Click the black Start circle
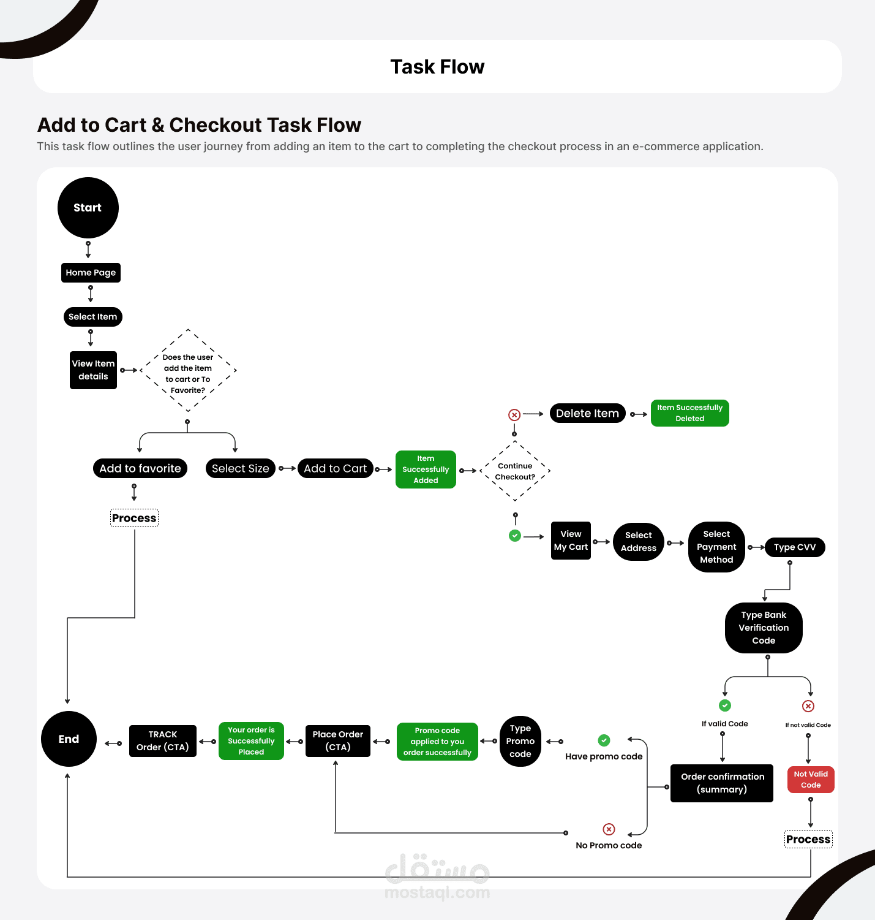pos(88,208)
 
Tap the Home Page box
pos(91,273)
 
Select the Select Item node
pos(93,317)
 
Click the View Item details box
pos(93,370)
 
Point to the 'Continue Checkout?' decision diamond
pos(515,471)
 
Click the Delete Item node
pos(587,414)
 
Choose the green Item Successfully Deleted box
pos(689,413)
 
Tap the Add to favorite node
pos(140,468)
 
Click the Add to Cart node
pos(335,468)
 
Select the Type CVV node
pos(795,547)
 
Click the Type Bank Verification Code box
pos(764,628)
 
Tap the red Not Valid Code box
pos(811,780)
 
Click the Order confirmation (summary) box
pos(722,783)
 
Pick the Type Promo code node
pos(520,741)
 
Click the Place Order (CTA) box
pos(338,741)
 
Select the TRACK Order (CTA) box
pos(163,741)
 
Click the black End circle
pos(69,739)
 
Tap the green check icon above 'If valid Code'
pos(725,705)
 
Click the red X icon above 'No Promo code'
pos(609,829)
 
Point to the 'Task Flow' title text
pos(437,67)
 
